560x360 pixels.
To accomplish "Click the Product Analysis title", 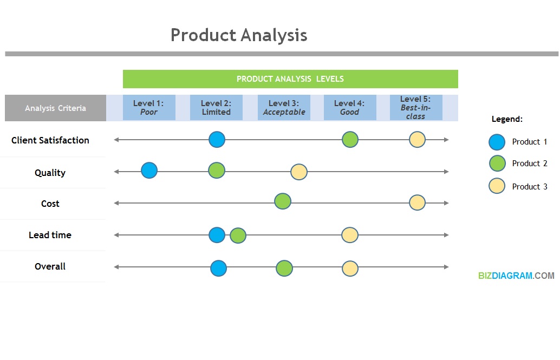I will tap(239, 35).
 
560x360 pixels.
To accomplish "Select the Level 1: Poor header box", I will tap(149, 108).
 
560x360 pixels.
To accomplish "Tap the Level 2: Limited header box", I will tap(216, 108).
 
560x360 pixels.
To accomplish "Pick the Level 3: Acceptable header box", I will tap(284, 108).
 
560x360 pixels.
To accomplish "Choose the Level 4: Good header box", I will tap(349, 108).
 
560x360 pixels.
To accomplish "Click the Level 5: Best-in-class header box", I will tap(416, 108).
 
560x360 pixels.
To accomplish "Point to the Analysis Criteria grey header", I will tap(55, 108).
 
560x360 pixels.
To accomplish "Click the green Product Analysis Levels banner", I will tap(290, 79).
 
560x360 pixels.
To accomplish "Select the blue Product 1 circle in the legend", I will tap(497, 142).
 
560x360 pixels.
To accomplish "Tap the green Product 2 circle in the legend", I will tap(497, 163).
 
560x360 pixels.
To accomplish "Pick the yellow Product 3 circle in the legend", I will tap(497, 186).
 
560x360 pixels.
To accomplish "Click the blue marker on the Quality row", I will tap(149, 171).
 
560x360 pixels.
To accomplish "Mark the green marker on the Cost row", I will tap(283, 201).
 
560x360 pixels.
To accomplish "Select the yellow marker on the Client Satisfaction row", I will tap(417, 140).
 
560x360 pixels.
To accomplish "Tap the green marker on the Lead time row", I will tap(238, 235).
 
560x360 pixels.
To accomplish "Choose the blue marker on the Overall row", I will tap(218, 268).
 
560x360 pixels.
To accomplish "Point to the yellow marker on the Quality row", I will tap(299, 172).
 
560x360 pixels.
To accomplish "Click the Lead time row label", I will tap(50, 235).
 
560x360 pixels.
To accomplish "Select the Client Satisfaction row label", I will tap(50, 140).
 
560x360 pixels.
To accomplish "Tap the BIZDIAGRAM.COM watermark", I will tap(516, 276).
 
